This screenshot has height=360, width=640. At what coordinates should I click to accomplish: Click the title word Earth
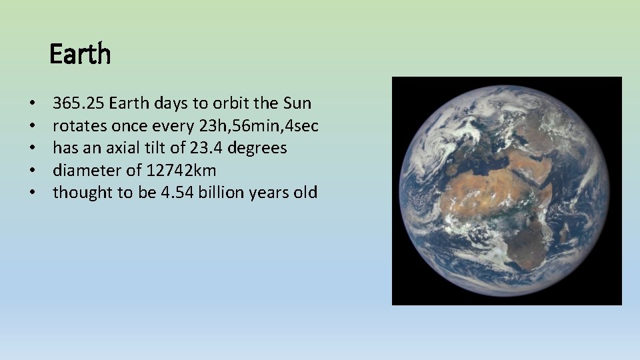(80, 54)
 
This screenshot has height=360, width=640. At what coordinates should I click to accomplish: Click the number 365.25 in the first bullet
(79, 104)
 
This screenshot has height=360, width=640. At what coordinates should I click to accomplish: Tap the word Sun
(297, 104)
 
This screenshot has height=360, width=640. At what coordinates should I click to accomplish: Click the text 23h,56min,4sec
(263, 126)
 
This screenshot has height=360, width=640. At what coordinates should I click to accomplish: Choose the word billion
(224, 193)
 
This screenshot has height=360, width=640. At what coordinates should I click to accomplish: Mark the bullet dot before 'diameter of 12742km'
(32, 171)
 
